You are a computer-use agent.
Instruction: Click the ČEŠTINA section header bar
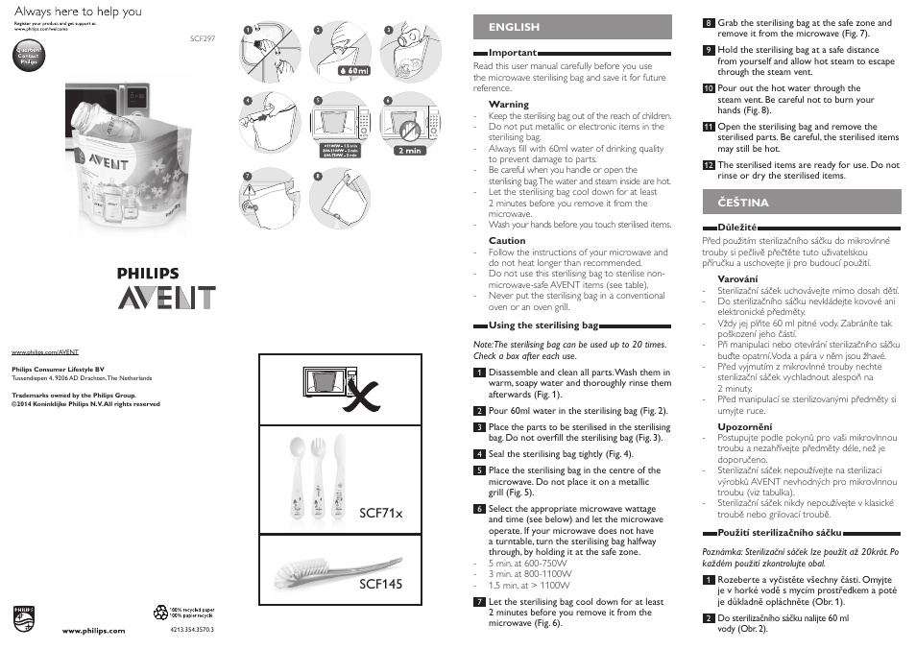coord(803,203)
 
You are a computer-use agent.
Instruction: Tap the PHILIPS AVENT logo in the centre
coord(167,288)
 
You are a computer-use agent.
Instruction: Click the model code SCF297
coord(204,40)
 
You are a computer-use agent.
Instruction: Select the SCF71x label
coord(380,513)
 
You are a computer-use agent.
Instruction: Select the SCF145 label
coord(380,584)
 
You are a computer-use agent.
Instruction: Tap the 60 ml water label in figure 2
coord(354,71)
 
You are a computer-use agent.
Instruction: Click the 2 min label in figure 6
coord(408,151)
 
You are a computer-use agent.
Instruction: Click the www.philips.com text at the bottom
coord(94,631)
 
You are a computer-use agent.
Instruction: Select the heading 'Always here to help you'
coord(78,12)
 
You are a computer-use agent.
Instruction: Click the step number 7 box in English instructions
coord(478,602)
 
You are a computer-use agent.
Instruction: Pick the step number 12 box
coord(708,165)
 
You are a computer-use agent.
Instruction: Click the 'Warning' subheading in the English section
coord(508,104)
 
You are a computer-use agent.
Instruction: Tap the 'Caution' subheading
coord(507,241)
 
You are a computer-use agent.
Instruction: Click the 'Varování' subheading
coord(737,277)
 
